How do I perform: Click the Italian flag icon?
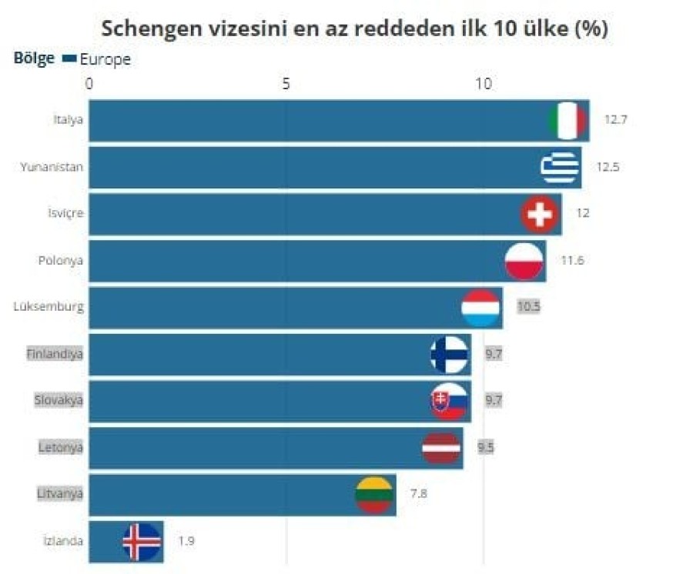(x=567, y=121)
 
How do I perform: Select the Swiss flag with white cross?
(x=540, y=214)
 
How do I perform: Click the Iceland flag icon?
(x=142, y=541)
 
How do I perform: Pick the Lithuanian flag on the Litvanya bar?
(x=375, y=494)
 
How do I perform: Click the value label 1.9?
(x=186, y=541)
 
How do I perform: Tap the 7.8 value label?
(x=418, y=494)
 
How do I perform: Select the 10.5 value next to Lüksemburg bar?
(x=528, y=306)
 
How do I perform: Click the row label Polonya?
(x=61, y=260)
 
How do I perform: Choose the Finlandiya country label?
(x=54, y=354)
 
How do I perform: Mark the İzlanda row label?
(x=63, y=541)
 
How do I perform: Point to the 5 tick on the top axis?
(x=286, y=82)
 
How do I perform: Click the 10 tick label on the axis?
(x=483, y=82)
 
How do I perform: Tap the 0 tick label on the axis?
(x=89, y=82)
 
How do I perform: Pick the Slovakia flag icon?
(x=449, y=400)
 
